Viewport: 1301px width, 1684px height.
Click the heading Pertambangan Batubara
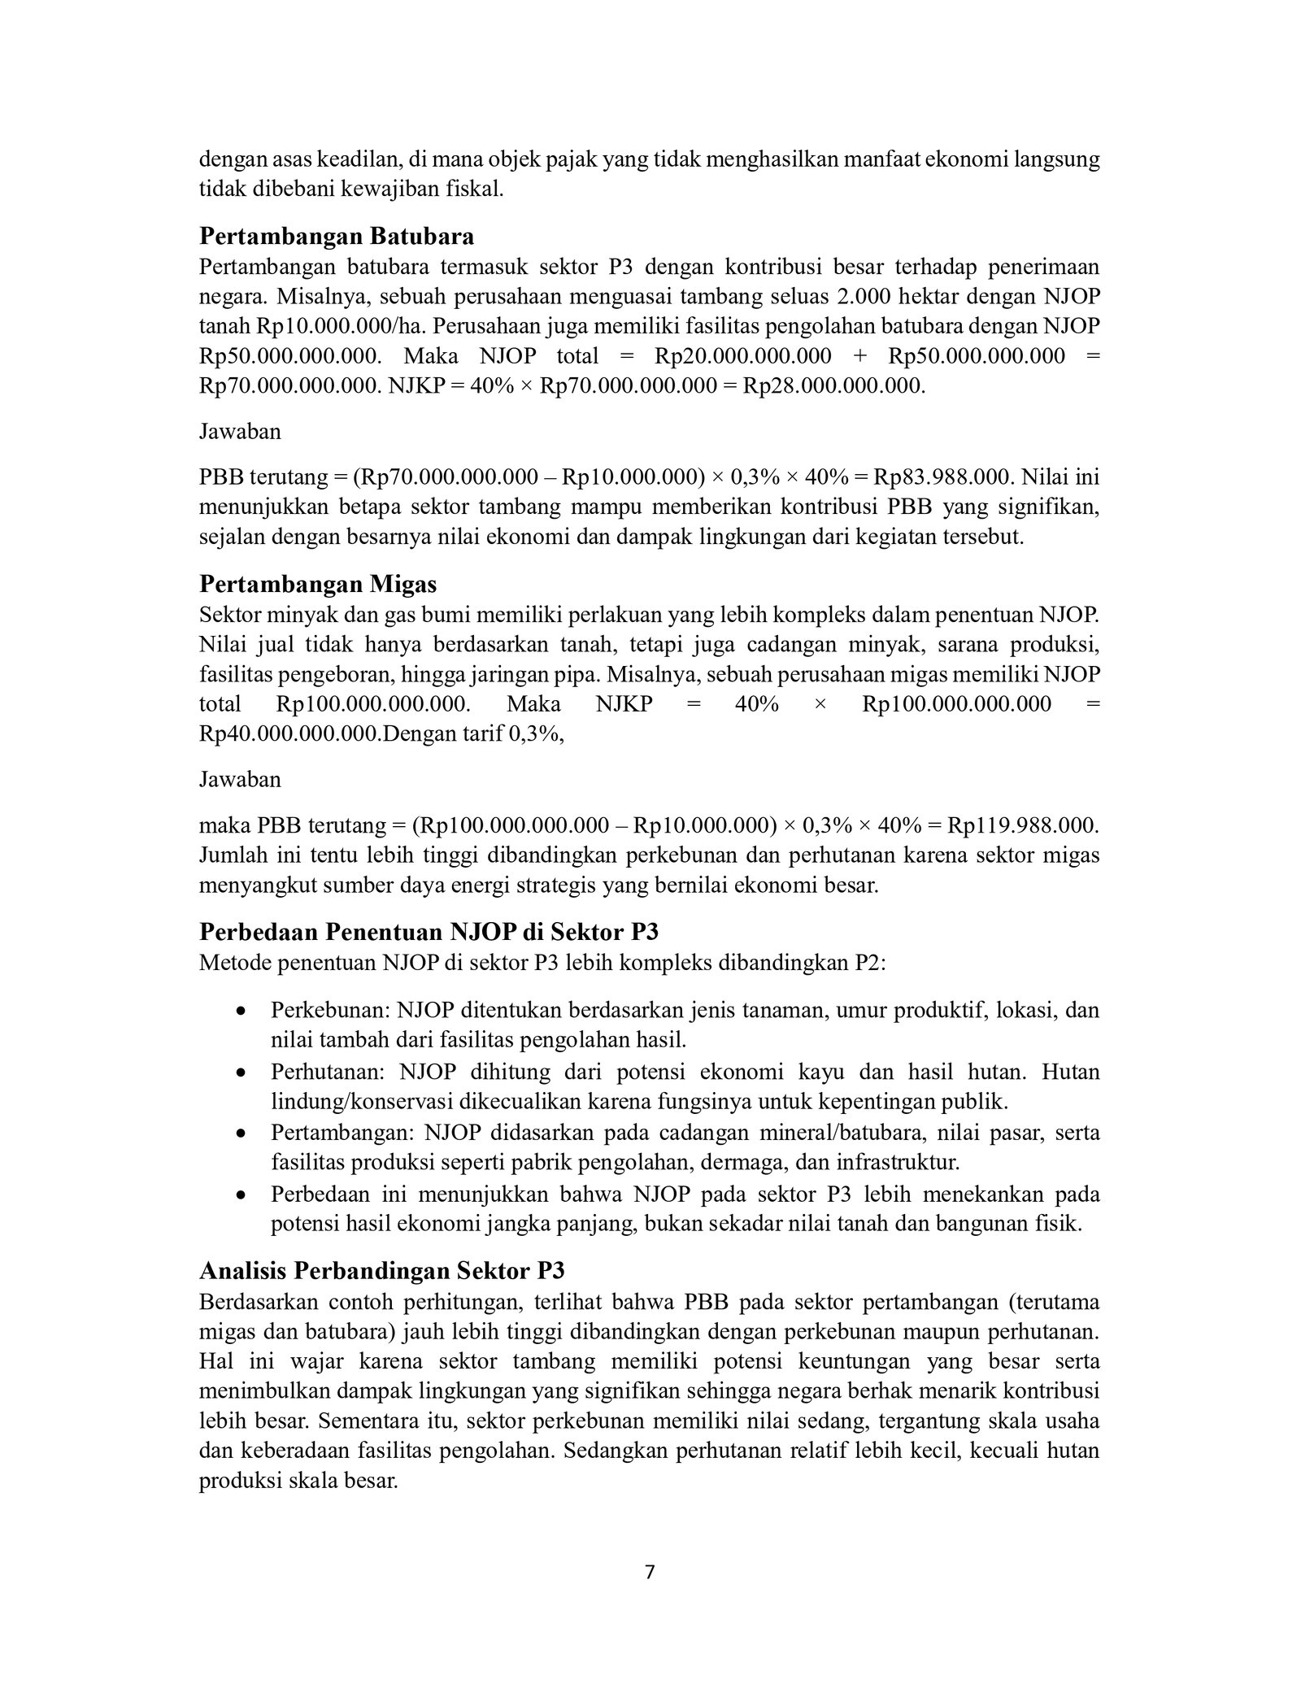(337, 237)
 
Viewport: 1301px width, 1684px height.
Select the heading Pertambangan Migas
(318, 584)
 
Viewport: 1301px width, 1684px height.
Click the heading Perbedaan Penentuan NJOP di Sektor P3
(429, 932)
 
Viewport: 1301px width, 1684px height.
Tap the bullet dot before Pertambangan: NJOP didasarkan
(241, 1133)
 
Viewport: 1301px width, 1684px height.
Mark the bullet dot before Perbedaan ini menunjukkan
(241, 1194)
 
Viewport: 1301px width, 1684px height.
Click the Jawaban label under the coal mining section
(240, 431)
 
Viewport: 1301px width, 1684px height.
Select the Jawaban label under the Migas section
(240, 779)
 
